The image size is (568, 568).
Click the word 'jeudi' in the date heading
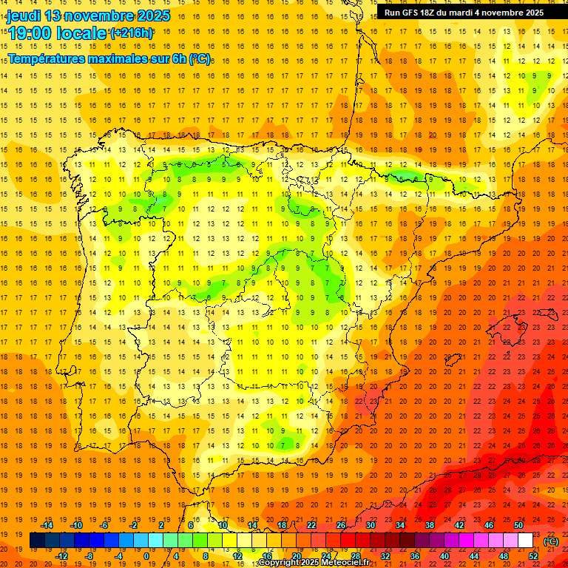click(24, 16)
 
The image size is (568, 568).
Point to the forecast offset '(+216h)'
click(132, 33)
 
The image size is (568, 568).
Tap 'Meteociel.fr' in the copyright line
click(342, 563)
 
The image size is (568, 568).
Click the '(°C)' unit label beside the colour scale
click(551, 541)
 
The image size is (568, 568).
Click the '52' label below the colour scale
click(534, 556)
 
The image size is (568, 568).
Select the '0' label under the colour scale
click(146, 556)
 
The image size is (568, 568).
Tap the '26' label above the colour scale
click(341, 525)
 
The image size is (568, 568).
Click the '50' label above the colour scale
click(518, 525)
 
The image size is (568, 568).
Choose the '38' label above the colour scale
click(429, 525)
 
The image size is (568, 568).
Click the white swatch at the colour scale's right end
click(525, 541)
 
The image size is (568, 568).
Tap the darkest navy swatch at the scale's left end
click(37, 541)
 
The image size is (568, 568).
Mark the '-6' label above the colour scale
click(104, 525)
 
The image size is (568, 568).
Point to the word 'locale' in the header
click(81, 33)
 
